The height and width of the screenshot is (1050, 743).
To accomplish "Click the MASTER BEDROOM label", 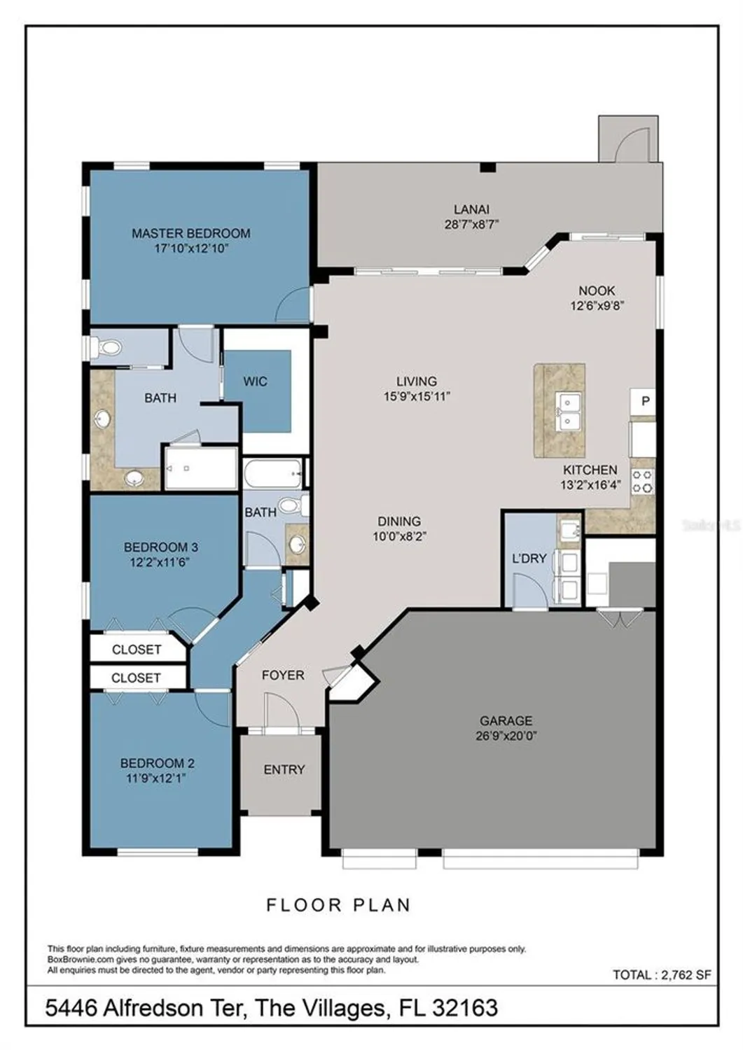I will (190, 233).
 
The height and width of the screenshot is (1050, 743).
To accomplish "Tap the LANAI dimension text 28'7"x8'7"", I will (471, 225).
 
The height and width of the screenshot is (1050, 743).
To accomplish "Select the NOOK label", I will (597, 290).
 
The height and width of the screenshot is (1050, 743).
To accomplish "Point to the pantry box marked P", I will (645, 402).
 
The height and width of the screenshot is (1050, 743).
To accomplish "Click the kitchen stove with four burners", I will (643, 482).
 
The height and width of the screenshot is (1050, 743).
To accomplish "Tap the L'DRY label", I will (529, 559).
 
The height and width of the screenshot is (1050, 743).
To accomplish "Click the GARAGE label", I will (506, 720).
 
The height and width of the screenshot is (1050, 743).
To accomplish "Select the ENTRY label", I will (284, 769).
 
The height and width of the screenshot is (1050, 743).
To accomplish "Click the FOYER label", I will (283, 675).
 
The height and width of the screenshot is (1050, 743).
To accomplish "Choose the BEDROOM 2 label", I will (158, 763).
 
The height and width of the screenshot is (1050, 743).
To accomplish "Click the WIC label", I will (255, 381).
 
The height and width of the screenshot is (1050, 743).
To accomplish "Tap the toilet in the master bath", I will (106, 347).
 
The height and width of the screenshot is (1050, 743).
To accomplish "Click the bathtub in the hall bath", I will (273, 474).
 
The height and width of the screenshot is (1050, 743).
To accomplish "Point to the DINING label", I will (399, 521).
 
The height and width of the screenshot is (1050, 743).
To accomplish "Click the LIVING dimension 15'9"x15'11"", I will (417, 396).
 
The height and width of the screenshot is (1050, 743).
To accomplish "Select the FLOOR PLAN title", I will (338, 905).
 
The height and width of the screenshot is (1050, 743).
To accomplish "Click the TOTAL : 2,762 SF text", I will (662, 974).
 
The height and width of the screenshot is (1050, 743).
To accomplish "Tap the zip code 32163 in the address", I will (465, 1008).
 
